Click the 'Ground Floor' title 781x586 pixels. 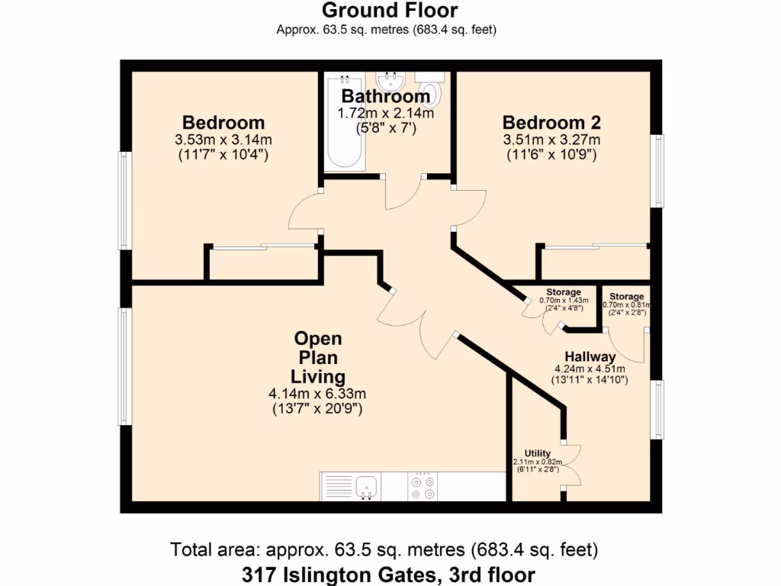[x=390, y=11]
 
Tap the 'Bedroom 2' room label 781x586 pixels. [x=551, y=122]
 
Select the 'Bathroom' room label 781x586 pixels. [x=385, y=97]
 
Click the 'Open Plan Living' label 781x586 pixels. [x=318, y=357]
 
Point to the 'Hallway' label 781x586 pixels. [x=590, y=356]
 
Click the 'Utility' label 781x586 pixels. [x=537, y=453]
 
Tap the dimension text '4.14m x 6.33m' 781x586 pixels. [x=317, y=394]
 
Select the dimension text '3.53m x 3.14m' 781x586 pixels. [x=223, y=140]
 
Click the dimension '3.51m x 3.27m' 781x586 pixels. [x=551, y=140]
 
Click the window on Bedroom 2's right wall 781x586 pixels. [x=656, y=171]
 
